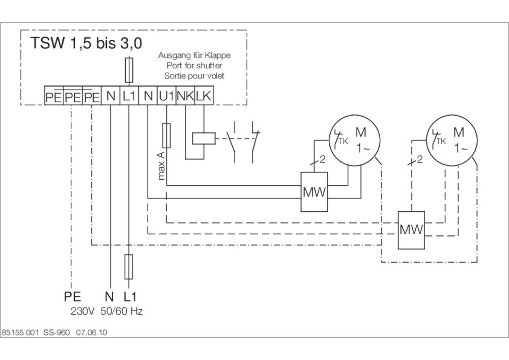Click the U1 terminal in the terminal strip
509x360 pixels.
(166, 96)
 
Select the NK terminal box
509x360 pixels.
(185, 96)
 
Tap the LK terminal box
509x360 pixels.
(204, 96)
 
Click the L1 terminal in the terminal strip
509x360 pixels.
(129, 96)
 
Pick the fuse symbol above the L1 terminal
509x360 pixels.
(129, 70)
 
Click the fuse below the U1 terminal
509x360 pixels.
(166, 135)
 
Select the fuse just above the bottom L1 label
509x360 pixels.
(129, 267)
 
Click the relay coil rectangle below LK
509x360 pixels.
(204, 139)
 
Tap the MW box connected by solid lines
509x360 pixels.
(314, 192)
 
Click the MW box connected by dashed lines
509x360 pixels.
(411, 230)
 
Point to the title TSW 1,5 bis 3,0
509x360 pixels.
(86, 43)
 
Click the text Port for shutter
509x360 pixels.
(194, 66)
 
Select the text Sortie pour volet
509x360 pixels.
(194, 76)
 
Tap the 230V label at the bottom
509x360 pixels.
(82, 312)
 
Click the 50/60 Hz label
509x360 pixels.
(122, 312)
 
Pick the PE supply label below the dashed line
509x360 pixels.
(72, 297)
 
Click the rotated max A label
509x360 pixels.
(161, 165)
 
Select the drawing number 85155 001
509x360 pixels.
(20, 333)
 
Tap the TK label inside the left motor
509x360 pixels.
(343, 141)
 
